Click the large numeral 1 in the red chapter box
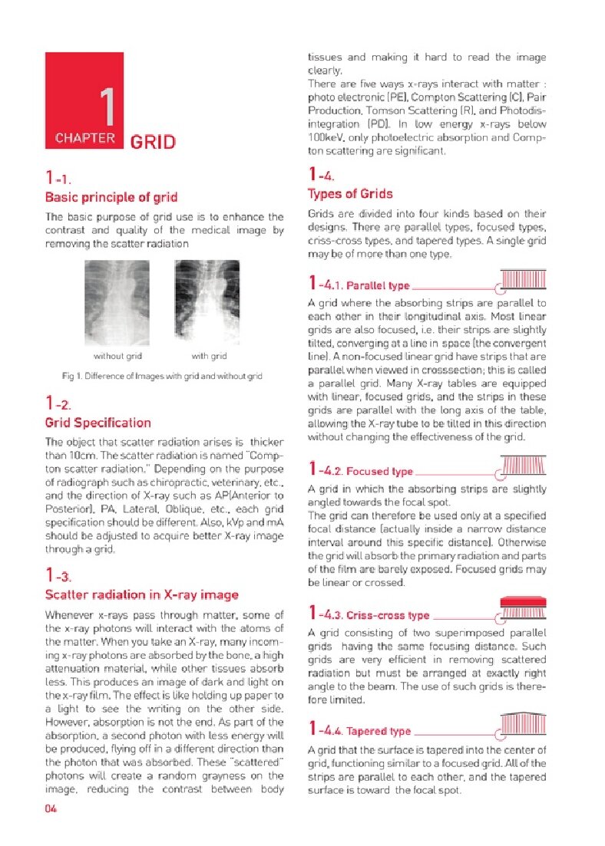point(107,107)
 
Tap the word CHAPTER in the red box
point(85,139)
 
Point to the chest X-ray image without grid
point(117,302)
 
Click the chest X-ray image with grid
point(208,302)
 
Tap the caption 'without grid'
point(117,356)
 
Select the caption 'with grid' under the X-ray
point(209,356)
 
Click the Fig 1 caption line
point(162,376)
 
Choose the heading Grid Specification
point(98,423)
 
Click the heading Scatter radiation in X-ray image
point(141,594)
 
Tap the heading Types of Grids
point(349,194)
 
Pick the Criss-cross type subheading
point(388,615)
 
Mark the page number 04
point(51,808)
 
